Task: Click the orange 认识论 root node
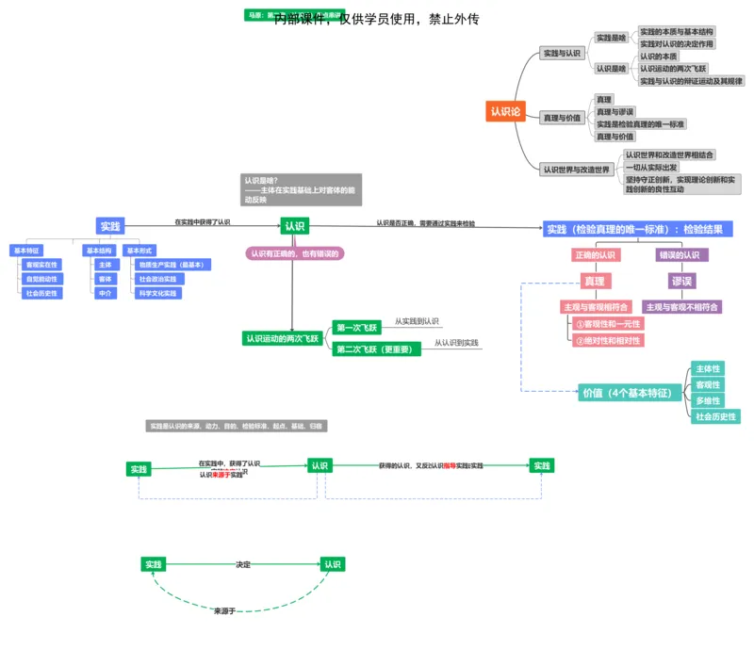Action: [505, 111]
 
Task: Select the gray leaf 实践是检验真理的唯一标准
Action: [640, 124]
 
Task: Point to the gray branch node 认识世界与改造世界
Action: [576, 170]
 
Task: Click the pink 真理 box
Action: [594, 281]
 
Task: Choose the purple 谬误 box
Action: [681, 281]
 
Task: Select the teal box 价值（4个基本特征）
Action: [631, 393]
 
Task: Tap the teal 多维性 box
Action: [708, 400]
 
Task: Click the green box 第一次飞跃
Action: [356, 328]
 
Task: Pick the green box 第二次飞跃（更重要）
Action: [375, 349]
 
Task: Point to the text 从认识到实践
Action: [456, 343]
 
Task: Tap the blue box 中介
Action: [106, 293]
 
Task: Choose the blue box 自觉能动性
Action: [42, 279]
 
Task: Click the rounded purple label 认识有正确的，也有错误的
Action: [295, 253]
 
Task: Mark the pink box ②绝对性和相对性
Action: [608, 340]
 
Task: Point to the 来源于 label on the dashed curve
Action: [224, 611]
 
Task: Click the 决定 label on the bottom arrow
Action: [243, 564]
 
